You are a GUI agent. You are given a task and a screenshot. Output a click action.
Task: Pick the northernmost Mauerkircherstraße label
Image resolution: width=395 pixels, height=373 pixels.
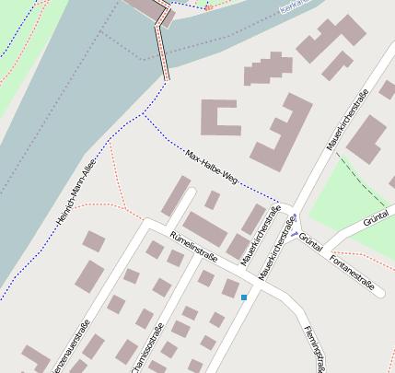(348, 120)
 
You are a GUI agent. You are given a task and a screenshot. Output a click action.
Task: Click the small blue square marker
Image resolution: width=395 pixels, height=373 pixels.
(244, 297)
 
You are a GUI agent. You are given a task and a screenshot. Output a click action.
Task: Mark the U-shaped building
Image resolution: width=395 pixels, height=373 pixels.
(220, 117)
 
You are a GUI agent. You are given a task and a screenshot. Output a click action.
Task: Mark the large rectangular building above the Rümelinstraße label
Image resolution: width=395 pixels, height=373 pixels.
(204, 228)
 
